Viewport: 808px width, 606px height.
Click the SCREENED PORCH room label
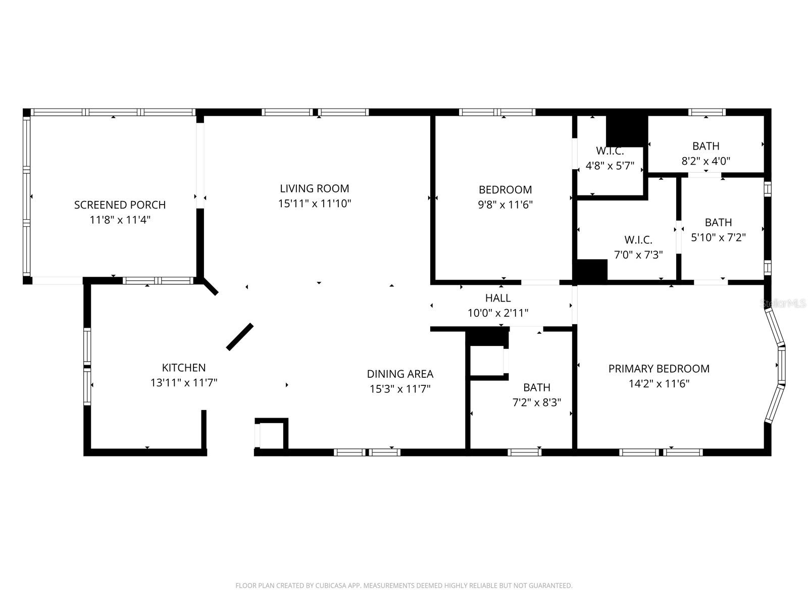(x=120, y=205)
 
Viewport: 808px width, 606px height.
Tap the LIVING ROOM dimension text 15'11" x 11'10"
(x=315, y=204)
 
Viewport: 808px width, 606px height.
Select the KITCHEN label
(x=183, y=368)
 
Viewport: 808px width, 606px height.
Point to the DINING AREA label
(x=400, y=374)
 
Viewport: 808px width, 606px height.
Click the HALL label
(x=497, y=298)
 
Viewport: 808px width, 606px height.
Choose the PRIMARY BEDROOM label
(x=659, y=369)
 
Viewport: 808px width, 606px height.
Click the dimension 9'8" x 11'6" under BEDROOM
(x=505, y=205)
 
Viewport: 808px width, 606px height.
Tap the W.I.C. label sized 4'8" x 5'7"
(x=610, y=151)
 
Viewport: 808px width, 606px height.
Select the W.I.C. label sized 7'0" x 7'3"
(x=638, y=240)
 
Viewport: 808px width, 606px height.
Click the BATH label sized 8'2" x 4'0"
(x=705, y=146)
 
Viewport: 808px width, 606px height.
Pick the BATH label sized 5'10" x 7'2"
(x=718, y=222)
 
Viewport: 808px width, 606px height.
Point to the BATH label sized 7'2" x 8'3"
(x=536, y=387)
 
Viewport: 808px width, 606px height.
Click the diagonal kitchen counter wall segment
(x=239, y=337)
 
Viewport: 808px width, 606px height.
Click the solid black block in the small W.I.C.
(x=626, y=130)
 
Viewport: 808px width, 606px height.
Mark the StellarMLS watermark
(x=783, y=304)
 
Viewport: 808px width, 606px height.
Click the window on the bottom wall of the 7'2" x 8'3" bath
(x=524, y=452)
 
